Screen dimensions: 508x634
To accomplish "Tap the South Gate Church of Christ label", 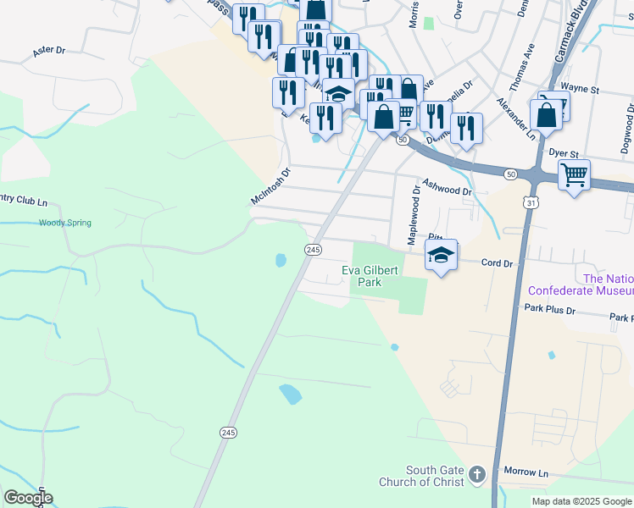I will [x=435, y=476].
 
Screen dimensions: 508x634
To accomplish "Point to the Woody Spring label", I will [x=64, y=224].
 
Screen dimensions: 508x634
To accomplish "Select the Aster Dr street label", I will [x=48, y=51].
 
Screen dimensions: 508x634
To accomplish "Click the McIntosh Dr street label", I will [x=270, y=185].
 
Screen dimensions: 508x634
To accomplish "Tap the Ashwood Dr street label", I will [x=447, y=186].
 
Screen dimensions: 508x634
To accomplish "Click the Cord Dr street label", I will [x=498, y=264].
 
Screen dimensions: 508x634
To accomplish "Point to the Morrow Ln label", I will [x=526, y=471].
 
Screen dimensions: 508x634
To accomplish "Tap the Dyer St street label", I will [x=563, y=154].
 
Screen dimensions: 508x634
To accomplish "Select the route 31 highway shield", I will [x=530, y=203].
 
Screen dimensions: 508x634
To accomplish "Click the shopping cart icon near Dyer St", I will [x=575, y=175].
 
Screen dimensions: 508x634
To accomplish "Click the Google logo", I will [x=28, y=498].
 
